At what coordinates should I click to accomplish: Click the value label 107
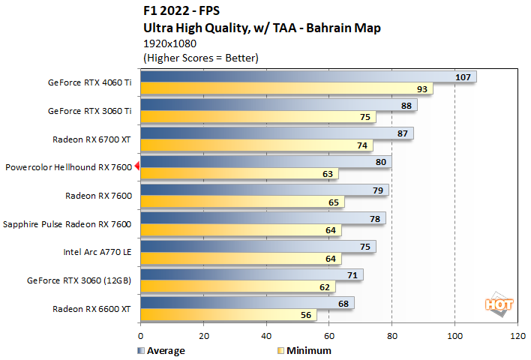point(463,76)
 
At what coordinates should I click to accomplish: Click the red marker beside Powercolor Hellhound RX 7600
point(137,168)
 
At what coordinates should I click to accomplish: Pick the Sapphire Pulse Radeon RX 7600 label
point(67,223)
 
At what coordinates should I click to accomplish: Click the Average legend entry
point(161,350)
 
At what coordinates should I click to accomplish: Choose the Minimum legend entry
point(304,350)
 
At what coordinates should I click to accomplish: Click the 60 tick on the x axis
point(328,337)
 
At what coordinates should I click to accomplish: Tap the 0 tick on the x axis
point(140,337)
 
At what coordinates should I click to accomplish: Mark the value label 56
point(305,315)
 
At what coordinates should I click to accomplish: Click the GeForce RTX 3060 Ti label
point(90,110)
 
